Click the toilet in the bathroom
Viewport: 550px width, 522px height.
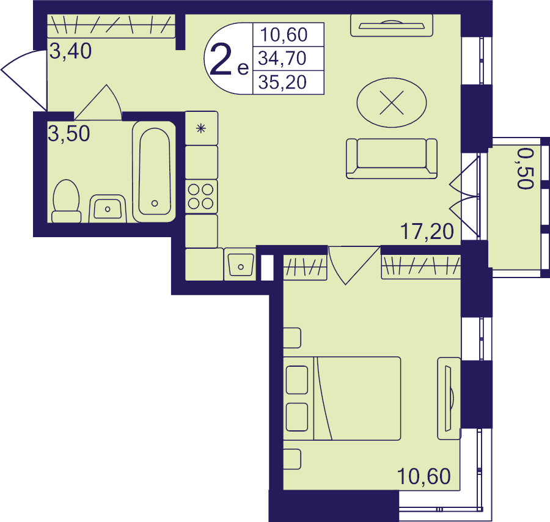pyautogui.click(x=66, y=201)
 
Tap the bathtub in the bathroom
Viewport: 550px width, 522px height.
pyautogui.click(x=154, y=172)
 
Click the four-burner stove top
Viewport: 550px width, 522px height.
pyautogui.click(x=201, y=196)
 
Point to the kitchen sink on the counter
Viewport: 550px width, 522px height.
pyautogui.click(x=240, y=265)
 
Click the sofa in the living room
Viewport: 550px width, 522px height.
pyautogui.click(x=392, y=158)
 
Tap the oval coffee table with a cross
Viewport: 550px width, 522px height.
pyautogui.click(x=392, y=103)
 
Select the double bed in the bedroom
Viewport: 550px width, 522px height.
pyautogui.click(x=342, y=399)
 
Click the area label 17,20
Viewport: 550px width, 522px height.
pyautogui.click(x=427, y=232)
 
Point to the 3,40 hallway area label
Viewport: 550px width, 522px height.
pyautogui.click(x=70, y=51)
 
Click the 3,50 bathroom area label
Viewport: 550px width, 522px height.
pyautogui.click(x=68, y=133)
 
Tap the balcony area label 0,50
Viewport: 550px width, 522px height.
pyautogui.click(x=526, y=168)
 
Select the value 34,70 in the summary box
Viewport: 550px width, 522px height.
pyautogui.click(x=282, y=58)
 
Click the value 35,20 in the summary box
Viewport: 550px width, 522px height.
pyautogui.click(x=282, y=83)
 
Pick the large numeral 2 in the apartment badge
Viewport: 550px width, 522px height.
pyautogui.click(x=221, y=61)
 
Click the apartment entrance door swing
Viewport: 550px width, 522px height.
pyautogui.click(x=24, y=81)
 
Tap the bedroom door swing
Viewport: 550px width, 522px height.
pyautogui.click(x=354, y=265)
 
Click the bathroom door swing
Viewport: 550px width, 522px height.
pyautogui.click(x=98, y=103)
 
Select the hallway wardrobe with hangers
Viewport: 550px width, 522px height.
pyautogui.click(x=111, y=26)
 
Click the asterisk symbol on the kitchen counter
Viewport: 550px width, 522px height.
pyautogui.click(x=201, y=128)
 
